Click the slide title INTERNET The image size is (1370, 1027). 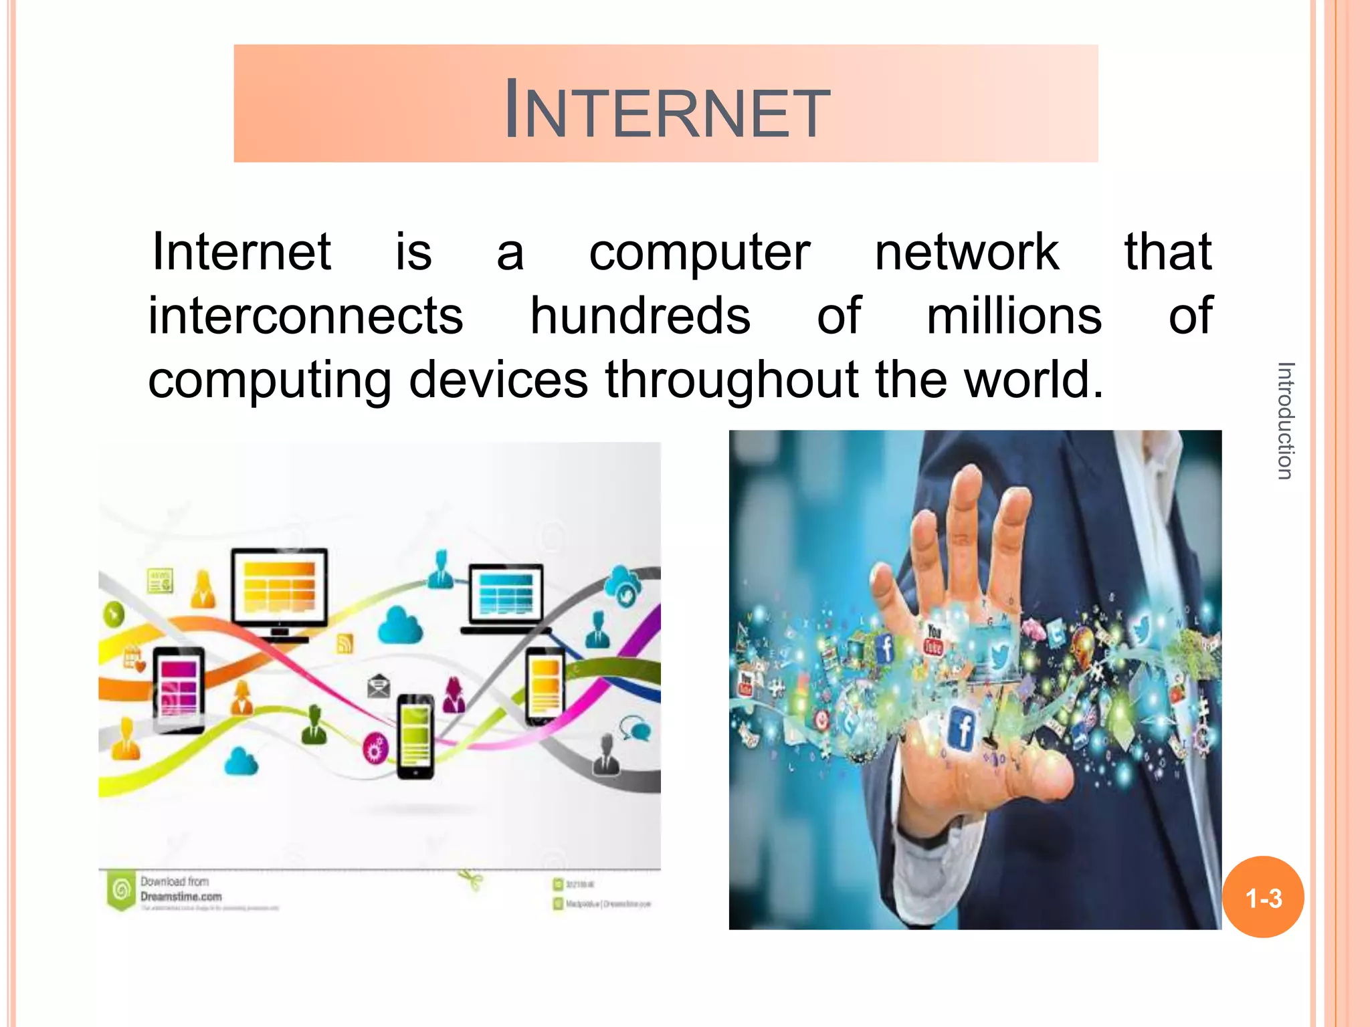coord(666,109)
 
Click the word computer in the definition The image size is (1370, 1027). coord(699,253)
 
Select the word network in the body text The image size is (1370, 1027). coord(967,253)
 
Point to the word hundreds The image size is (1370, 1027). coord(640,316)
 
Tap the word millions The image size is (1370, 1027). coord(1013,316)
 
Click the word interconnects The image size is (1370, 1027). coord(306,316)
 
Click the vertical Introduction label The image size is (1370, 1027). coord(1285,421)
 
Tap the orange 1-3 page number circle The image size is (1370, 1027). coord(1263,897)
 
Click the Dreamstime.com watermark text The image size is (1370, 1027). coord(181,897)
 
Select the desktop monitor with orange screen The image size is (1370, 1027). coord(280,588)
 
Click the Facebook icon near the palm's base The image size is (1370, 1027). coord(962,729)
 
